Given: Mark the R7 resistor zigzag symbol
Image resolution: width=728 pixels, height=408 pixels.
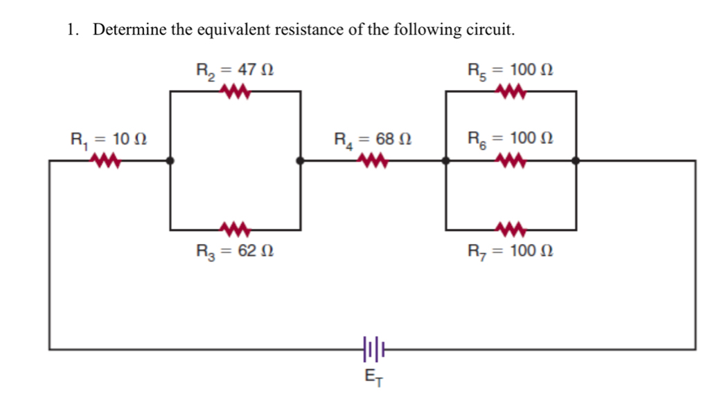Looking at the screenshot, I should [x=511, y=229].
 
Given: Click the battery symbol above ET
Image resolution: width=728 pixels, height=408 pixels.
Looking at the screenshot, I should [x=371, y=350].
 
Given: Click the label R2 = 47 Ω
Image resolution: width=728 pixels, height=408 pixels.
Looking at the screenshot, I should [x=237, y=70].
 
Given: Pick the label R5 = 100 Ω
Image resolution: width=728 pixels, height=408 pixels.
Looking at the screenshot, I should [x=511, y=70].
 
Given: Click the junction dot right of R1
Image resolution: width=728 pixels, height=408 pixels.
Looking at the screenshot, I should [x=170, y=161].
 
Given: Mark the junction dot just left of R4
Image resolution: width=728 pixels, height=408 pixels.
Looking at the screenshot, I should [x=300, y=161].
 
